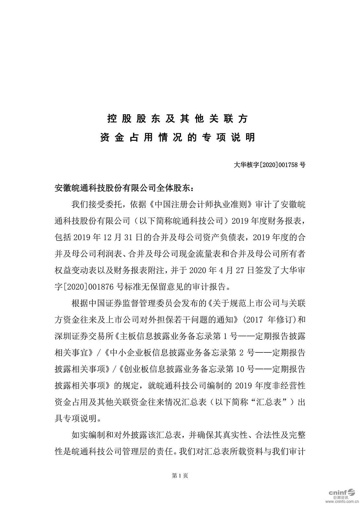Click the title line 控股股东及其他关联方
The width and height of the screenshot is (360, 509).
tap(178, 119)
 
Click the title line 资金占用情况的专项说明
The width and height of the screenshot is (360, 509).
tap(178, 138)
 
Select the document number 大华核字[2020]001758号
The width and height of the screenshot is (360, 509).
tap(269, 165)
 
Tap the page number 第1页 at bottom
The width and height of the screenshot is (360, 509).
tap(179, 476)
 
